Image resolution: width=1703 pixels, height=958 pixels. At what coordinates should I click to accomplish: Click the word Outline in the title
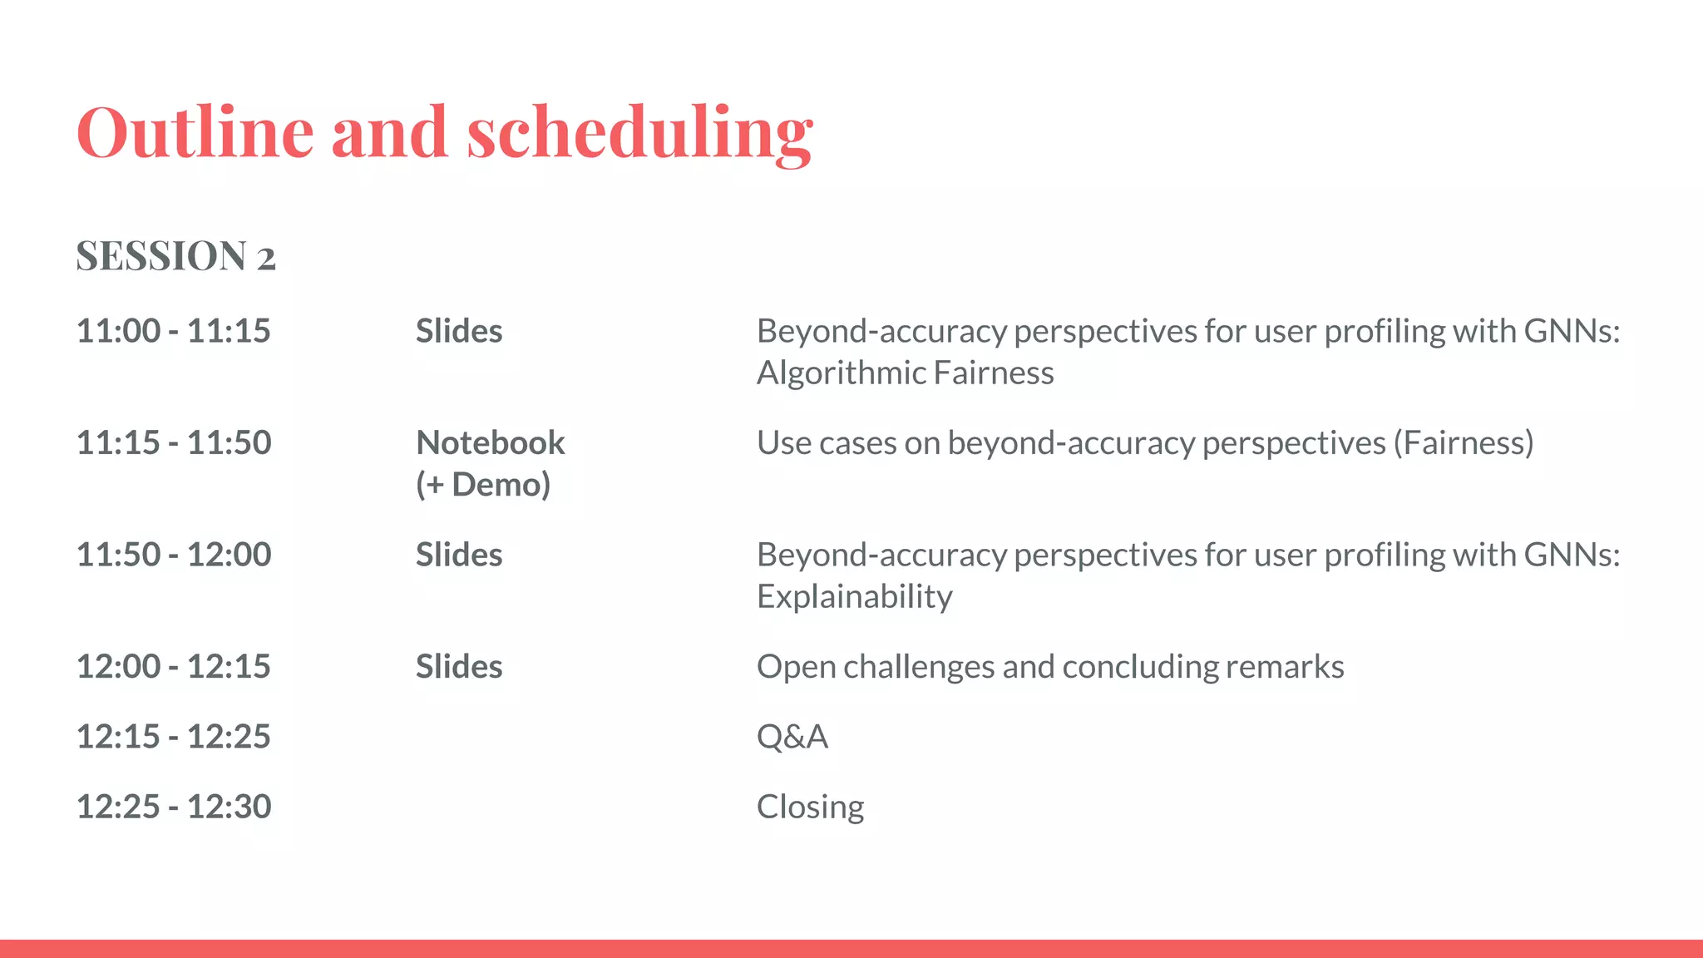tap(195, 133)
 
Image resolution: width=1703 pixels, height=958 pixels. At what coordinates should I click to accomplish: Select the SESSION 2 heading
tap(175, 256)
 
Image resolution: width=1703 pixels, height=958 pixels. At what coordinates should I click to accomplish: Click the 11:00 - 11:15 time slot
tap(173, 331)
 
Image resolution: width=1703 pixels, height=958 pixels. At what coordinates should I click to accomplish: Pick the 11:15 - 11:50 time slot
tap(173, 442)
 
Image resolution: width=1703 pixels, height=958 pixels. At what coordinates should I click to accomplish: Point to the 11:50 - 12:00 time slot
tap(173, 555)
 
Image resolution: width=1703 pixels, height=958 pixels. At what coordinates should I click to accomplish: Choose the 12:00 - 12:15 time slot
tap(173, 666)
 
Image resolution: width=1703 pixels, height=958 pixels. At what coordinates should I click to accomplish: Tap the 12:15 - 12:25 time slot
tap(173, 736)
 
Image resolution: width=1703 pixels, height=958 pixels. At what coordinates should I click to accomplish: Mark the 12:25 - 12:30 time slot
tap(173, 807)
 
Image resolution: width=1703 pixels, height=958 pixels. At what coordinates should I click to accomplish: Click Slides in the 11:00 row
tap(459, 331)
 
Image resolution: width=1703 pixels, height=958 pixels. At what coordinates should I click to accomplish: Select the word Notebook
tap(490, 442)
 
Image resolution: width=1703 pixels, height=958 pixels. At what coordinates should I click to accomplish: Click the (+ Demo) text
tap(483, 484)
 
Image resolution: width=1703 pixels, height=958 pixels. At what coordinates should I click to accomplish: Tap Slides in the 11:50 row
tap(459, 555)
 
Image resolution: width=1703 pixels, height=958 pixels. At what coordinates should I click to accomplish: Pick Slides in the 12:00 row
tap(459, 666)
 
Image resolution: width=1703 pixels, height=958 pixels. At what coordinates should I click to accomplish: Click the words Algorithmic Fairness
tap(905, 373)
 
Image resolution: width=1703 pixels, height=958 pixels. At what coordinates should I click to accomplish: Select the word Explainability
tap(854, 596)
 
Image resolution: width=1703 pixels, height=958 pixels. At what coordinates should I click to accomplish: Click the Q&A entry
tap(792, 737)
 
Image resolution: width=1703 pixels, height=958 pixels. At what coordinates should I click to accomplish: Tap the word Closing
tap(810, 807)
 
